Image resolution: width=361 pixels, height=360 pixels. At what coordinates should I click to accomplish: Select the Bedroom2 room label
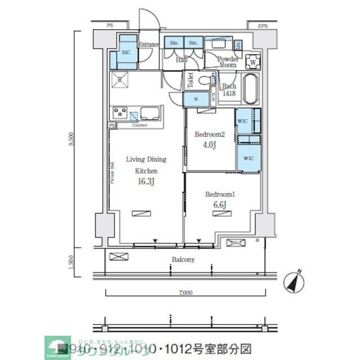click(209, 134)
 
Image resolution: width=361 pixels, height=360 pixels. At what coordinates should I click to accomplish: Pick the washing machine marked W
click(253, 62)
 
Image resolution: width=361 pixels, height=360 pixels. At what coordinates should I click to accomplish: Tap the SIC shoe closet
click(127, 51)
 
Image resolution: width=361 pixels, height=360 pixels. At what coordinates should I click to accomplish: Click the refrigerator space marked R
click(119, 80)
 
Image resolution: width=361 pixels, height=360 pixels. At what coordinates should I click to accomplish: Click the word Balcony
click(183, 259)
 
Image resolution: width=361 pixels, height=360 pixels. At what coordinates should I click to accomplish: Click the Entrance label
click(149, 44)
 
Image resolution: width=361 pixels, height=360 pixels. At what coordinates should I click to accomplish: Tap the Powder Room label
click(228, 62)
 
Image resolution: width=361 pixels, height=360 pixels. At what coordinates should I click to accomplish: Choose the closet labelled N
click(195, 100)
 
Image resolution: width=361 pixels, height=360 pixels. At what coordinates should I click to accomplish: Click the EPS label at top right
click(262, 26)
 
